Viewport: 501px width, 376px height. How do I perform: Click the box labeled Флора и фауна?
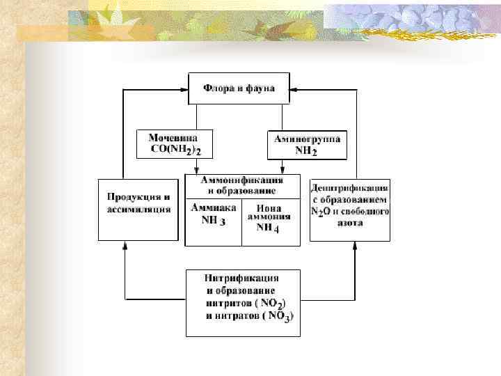point(239,88)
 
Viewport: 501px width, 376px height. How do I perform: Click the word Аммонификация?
point(241,180)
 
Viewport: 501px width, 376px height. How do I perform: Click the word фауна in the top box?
point(260,88)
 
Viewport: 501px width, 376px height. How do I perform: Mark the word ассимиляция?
point(139,208)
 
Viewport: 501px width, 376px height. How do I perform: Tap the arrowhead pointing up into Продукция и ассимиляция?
point(125,246)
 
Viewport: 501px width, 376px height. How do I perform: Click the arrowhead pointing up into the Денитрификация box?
point(356,246)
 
